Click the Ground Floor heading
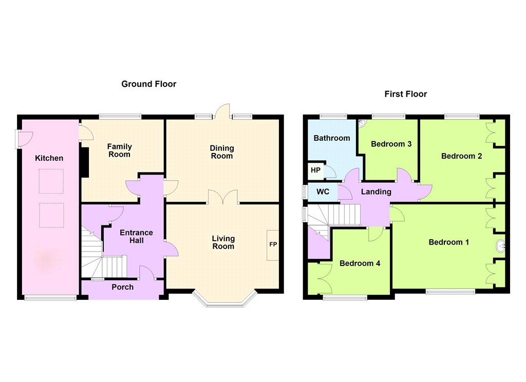pos(148,84)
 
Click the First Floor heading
pos(406,94)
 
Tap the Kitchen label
pos(49,158)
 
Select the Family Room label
pos(119,150)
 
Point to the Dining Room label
pos(222,152)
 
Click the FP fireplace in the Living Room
pos(273,245)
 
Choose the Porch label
pos(122,287)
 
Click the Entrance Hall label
pos(136,237)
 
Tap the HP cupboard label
pos(315,170)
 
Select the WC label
pos(323,192)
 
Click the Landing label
pos(376,192)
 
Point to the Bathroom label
pos(332,138)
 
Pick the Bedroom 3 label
pos(391,144)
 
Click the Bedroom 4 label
pos(360,263)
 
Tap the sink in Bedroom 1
pos(500,246)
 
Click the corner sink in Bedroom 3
pos(362,123)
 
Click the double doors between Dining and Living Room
pos(223,197)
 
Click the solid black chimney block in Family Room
pos(85,162)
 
